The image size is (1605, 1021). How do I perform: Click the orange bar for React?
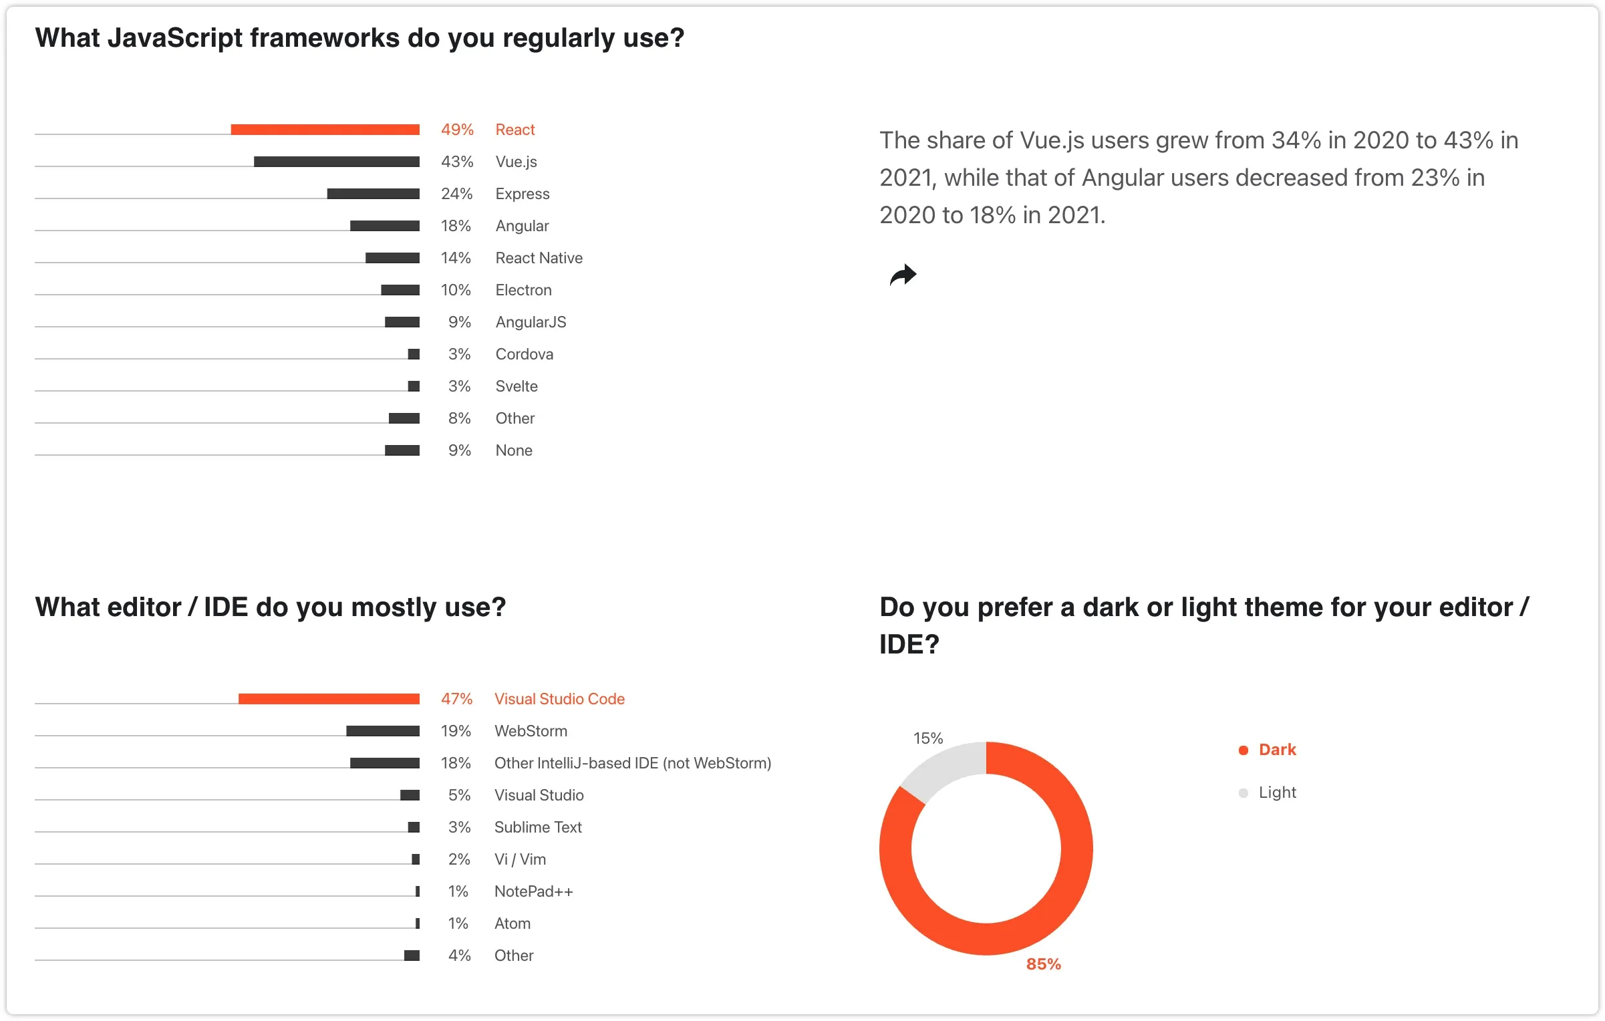(x=325, y=130)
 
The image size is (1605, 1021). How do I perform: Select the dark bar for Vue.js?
(x=336, y=162)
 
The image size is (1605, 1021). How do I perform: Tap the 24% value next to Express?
(x=456, y=194)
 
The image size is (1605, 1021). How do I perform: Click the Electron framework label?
(x=523, y=290)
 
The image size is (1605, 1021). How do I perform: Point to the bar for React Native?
(x=392, y=258)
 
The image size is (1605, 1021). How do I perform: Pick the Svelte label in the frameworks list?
(x=516, y=386)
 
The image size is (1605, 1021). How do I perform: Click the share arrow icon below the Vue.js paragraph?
(x=903, y=275)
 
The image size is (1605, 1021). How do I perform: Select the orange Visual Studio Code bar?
(x=329, y=699)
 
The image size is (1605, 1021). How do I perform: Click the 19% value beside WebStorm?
(x=456, y=731)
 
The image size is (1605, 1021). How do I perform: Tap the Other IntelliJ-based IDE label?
(x=632, y=763)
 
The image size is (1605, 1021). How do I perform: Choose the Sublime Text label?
(x=538, y=827)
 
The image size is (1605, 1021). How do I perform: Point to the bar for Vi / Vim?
(x=416, y=859)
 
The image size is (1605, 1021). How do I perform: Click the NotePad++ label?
(x=533, y=891)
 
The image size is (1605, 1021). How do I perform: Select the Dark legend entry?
(x=1276, y=750)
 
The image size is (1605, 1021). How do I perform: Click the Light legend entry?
(x=1276, y=792)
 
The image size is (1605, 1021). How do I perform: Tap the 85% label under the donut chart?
(x=1043, y=964)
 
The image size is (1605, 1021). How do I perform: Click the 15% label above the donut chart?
(x=927, y=738)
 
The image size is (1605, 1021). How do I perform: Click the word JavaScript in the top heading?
(x=174, y=38)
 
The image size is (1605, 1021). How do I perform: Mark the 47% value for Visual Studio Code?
(x=456, y=699)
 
